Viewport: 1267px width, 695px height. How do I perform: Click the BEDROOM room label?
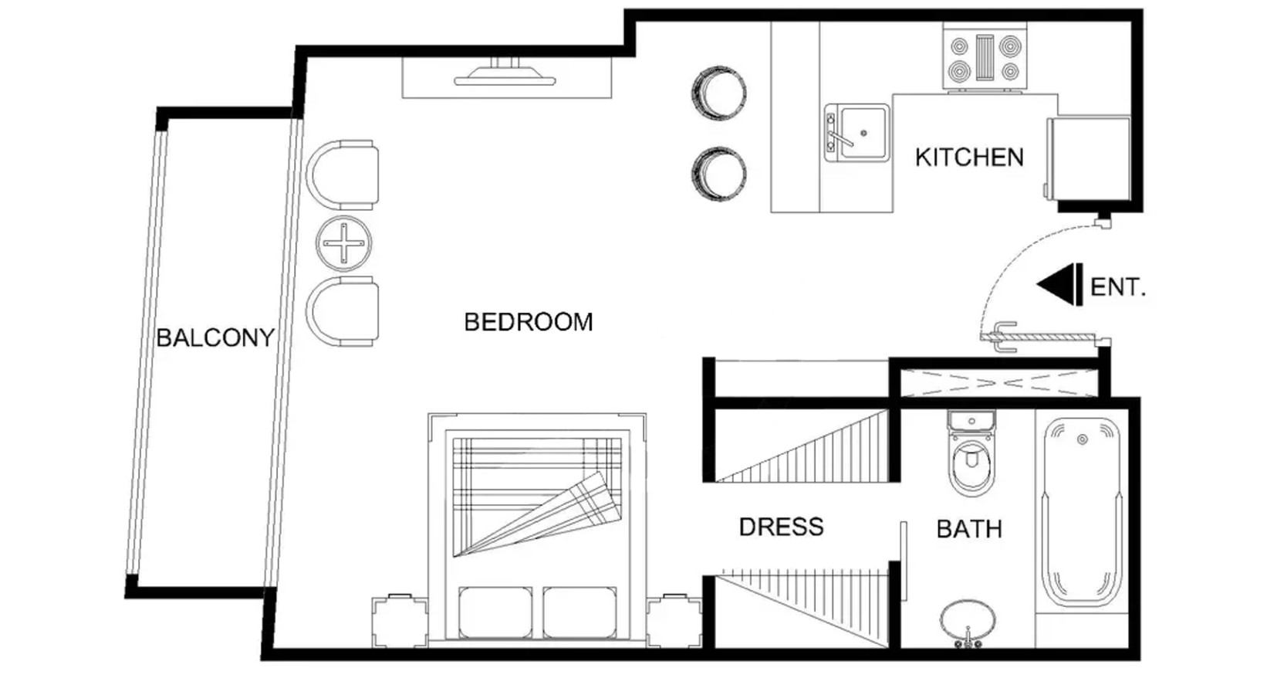click(x=529, y=322)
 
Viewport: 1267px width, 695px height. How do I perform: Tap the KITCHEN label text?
click(x=969, y=158)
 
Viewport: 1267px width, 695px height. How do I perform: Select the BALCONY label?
click(x=215, y=338)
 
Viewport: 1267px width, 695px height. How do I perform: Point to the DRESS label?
click(x=781, y=527)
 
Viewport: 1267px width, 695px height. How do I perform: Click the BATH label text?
click(x=969, y=529)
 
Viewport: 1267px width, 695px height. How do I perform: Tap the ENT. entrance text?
click(x=1117, y=287)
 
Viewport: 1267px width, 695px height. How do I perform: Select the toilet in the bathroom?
click(x=971, y=453)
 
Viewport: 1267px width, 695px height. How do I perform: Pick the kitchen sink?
click(x=856, y=132)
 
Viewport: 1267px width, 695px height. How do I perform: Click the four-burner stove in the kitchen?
click(x=984, y=56)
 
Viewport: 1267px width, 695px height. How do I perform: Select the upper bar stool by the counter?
click(x=719, y=93)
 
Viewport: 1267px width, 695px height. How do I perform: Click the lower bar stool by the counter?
click(x=719, y=174)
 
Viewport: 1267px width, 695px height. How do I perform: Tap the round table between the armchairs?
click(x=343, y=243)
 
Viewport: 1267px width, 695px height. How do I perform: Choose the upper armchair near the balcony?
click(x=342, y=175)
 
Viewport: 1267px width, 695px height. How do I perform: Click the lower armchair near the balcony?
click(x=342, y=311)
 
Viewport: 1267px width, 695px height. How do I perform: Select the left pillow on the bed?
click(x=495, y=613)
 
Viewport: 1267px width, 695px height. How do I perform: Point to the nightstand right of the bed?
click(x=674, y=621)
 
